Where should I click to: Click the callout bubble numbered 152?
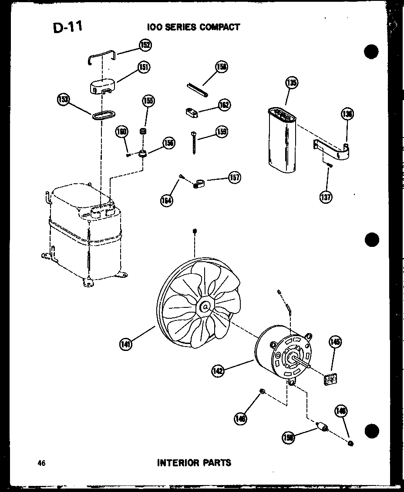click(x=145, y=45)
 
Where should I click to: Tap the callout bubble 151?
click(x=144, y=67)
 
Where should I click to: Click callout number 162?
click(x=224, y=105)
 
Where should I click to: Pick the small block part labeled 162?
click(x=189, y=113)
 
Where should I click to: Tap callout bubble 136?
click(x=347, y=114)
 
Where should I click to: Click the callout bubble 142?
click(x=218, y=371)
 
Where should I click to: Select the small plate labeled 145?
click(x=331, y=380)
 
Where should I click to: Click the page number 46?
click(x=42, y=463)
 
